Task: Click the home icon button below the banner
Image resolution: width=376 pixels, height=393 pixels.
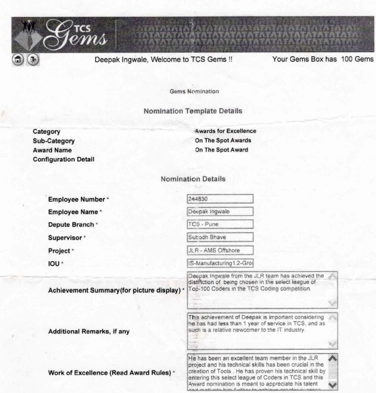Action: (x=17, y=61)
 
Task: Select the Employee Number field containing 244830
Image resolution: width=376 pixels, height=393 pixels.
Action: (x=220, y=199)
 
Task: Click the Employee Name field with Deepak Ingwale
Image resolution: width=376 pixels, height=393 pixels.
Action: (x=220, y=212)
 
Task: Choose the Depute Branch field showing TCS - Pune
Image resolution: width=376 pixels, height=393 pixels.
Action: (x=220, y=224)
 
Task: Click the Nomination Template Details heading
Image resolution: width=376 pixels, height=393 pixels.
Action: (x=193, y=111)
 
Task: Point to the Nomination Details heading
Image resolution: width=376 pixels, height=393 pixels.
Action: (x=193, y=179)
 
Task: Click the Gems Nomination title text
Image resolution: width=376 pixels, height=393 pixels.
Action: (x=194, y=91)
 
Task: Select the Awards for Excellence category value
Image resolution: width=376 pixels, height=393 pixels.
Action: (x=225, y=131)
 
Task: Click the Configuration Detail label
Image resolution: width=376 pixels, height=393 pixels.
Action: (x=63, y=159)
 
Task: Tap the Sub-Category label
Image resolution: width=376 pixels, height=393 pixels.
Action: (x=53, y=140)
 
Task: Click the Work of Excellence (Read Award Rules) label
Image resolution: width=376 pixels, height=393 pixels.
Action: (x=111, y=373)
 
